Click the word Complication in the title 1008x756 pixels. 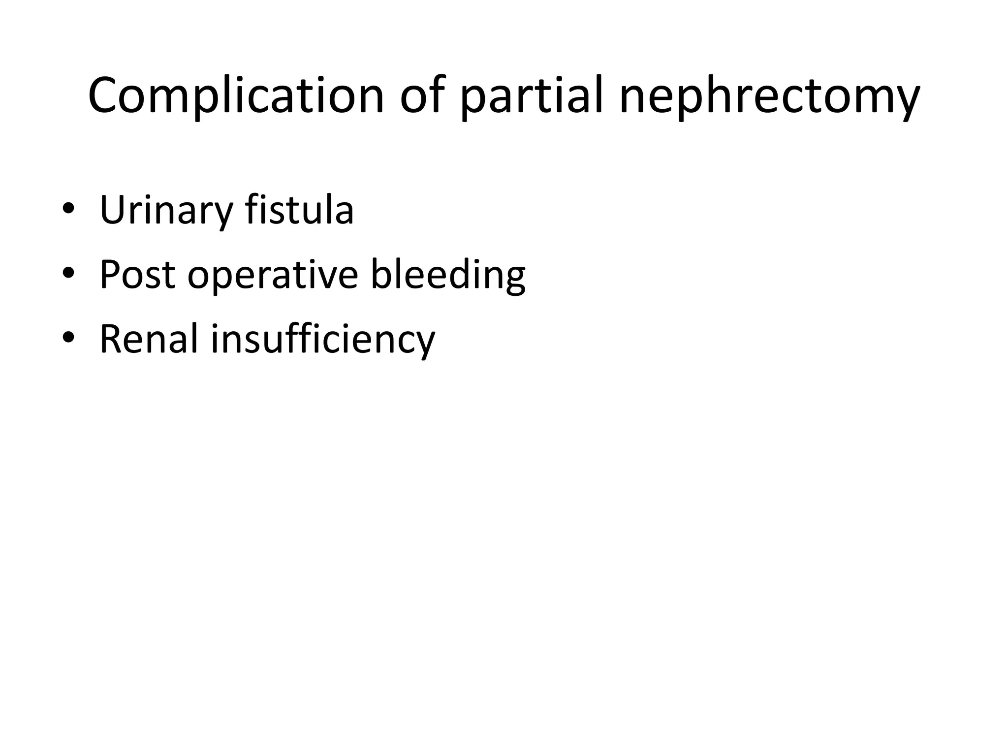(236, 96)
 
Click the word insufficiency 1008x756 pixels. (323, 340)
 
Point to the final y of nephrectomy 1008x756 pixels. (905, 101)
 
